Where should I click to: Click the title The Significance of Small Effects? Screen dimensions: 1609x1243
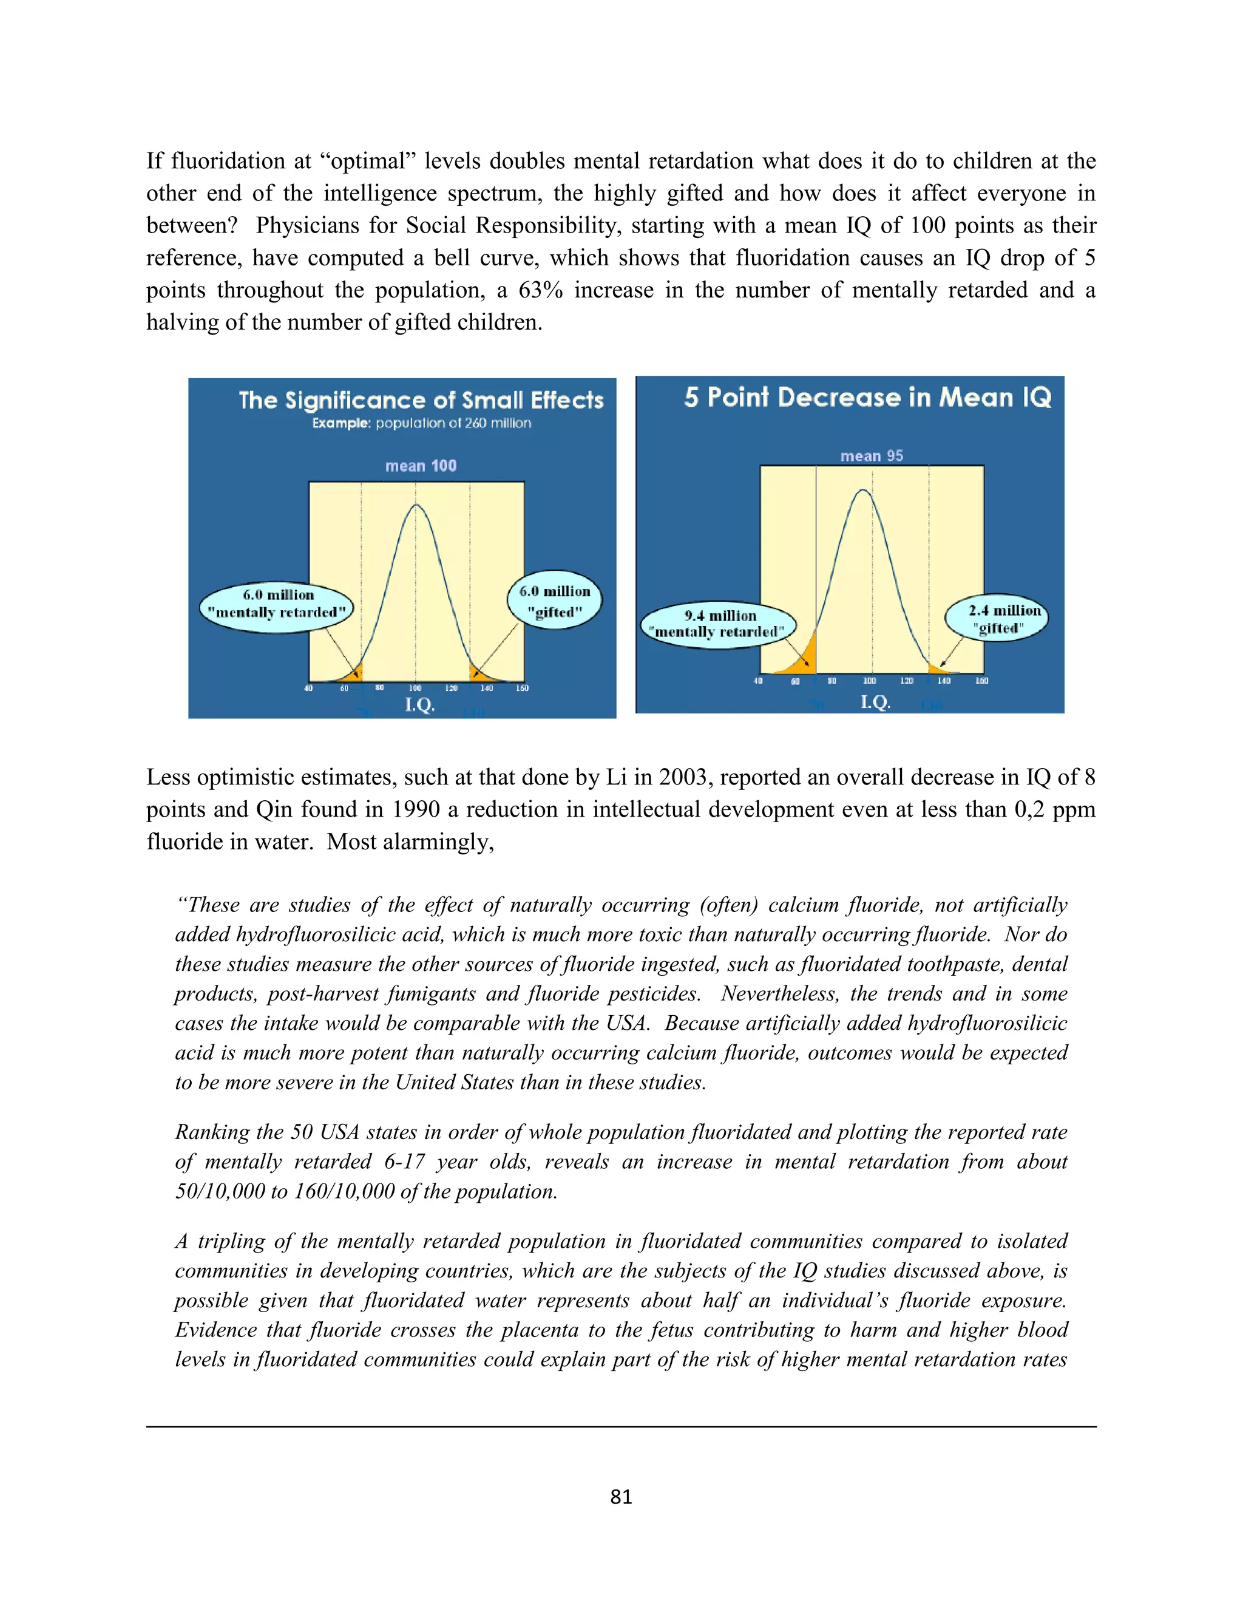point(421,400)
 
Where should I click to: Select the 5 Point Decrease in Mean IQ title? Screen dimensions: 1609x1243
point(867,397)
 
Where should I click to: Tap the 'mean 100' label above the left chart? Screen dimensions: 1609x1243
point(421,466)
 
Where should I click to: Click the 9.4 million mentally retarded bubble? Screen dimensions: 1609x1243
point(718,624)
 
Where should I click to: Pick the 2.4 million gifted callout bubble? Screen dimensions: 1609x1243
point(997,618)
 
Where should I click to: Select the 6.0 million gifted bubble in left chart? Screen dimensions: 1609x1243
point(555,600)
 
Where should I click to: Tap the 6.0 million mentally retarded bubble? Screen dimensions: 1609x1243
point(277,604)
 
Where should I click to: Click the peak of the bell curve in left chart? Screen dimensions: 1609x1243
point(416,505)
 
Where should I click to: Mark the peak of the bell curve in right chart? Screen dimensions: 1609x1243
point(863,491)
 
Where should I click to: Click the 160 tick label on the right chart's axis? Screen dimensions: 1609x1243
point(981,681)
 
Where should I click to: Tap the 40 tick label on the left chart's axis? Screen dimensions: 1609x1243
point(308,688)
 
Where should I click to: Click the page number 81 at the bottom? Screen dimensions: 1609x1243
point(621,1496)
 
